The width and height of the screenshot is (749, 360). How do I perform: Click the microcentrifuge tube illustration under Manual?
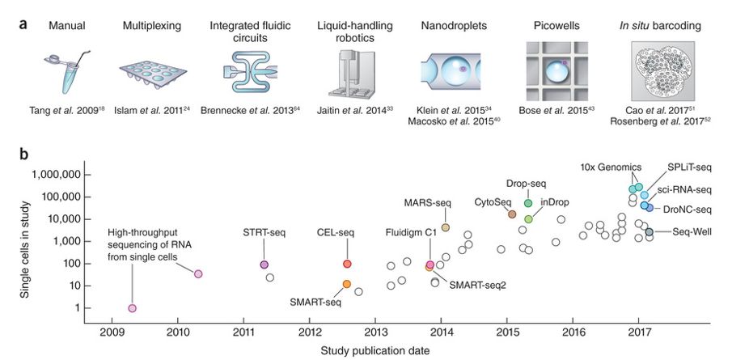pyautogui.click(x=63, y=71)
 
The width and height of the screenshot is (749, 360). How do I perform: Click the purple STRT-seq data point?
pyautogui.click(x=264, y=265)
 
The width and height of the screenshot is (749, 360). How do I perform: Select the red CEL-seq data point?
pyautogui.click(x=346, y=264)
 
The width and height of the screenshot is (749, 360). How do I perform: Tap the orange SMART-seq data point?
pyautogui.click(x=346, y=284)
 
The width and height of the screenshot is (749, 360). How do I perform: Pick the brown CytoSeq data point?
pyautogui.click(x=512, y=214)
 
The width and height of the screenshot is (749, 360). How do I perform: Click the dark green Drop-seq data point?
pyautogui.click(x=528, y=203)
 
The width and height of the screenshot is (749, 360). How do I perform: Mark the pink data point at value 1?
pyautogui.click(x=132, y=308)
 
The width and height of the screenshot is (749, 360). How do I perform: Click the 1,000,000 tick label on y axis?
pyautogui.click(x=53, y=175)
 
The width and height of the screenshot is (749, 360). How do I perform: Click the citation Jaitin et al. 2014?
pyautogui.click(x=350, y=110)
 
